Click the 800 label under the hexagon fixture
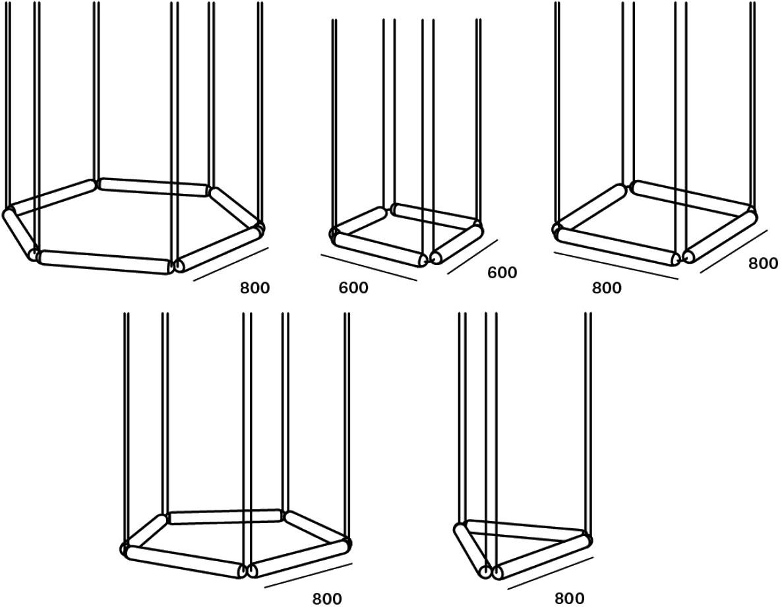point(255,288)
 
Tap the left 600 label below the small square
point(353,288)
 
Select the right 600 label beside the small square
point(502,272)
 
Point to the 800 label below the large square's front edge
point(607,288)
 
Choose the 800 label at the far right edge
point(763,263)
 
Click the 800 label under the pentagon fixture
point(327,598)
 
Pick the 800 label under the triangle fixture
point(570,597)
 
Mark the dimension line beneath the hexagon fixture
point(231,264)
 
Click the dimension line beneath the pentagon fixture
point(309,576)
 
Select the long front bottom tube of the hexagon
point(105,262)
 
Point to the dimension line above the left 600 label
point(369,267)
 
